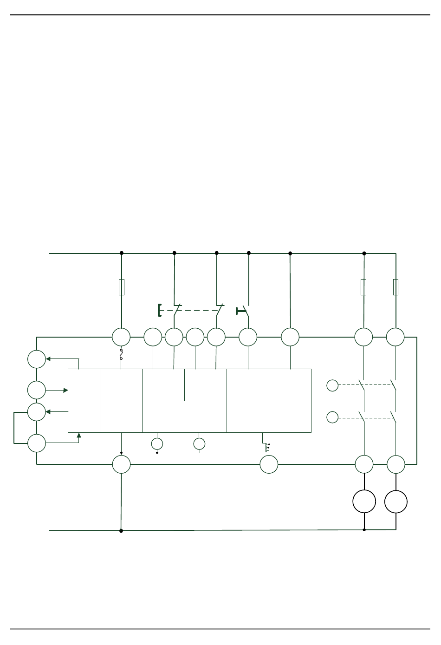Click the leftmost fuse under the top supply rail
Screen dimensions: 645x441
(x=122, y=287)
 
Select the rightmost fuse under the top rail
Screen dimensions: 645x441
(x=396, y=287)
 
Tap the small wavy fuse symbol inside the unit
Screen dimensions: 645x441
(x=122, y=355)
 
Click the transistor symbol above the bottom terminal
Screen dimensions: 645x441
(x=267, y=448)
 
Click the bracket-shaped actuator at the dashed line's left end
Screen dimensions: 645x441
(x=160, y=310)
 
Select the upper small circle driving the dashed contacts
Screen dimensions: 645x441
(x=332, y=385)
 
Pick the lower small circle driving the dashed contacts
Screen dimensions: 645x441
(x=332, y=417)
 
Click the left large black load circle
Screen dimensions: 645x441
(x=364, y=502)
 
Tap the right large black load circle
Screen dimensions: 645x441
(x=396, y=502)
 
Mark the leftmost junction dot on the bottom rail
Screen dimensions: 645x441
(x=121, y=531)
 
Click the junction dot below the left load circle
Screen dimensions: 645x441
(x=364, y=530)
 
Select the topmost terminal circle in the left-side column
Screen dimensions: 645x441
(x=37, y=359)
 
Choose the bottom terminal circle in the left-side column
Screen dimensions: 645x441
(x=37, y=443)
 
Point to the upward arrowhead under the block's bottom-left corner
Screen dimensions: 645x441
(x=79, y=436)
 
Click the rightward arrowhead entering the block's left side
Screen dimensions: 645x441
(x=65, y=391)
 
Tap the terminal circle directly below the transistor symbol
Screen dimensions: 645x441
(x=269, y=464)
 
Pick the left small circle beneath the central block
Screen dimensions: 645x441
(x=157, y=443)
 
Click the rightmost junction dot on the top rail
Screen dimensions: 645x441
(x=364, y=254)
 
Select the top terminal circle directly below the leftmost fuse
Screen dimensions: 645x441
(x=122, y=337)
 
